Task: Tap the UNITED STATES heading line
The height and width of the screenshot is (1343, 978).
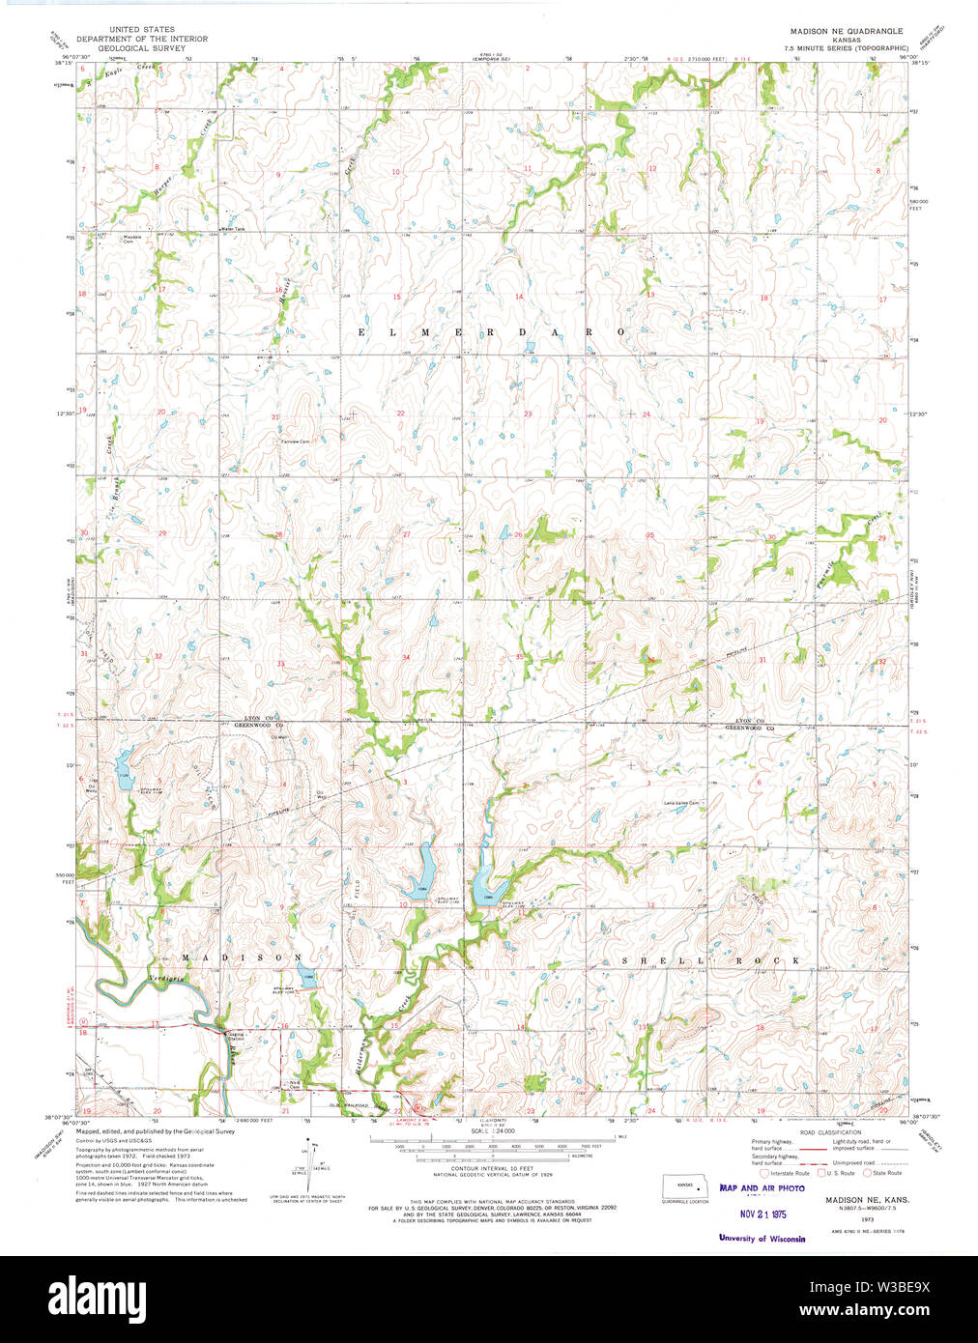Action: coord(141,29)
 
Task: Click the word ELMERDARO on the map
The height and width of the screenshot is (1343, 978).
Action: coord(492,331)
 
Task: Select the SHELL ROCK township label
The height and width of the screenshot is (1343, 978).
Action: coord(710,960)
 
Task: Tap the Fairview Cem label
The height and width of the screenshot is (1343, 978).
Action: coord(295,442)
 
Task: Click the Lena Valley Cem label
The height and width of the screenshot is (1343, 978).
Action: coord(680,803)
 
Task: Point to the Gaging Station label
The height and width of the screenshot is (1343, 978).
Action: coord(236,1036)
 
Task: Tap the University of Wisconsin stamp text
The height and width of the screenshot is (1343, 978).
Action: coord(762,1238)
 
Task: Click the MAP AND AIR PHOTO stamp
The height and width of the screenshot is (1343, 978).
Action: coord(762,1188)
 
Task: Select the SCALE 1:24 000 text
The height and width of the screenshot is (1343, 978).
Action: coord(493,1130)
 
